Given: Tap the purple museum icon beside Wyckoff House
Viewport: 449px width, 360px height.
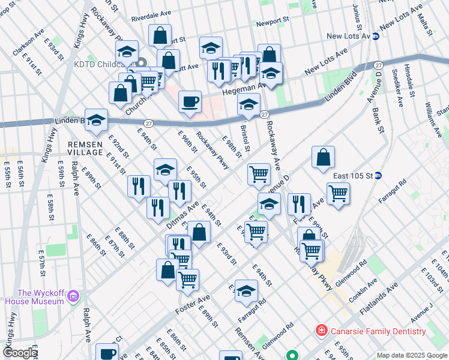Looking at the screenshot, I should pyautogui.click(x=73, y=295).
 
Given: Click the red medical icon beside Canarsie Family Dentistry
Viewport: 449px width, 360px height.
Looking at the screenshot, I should pyautogui.click(x=321, y=331).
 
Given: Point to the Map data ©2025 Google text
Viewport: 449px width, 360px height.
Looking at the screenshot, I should pyautogui.click(x=411, y=355).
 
